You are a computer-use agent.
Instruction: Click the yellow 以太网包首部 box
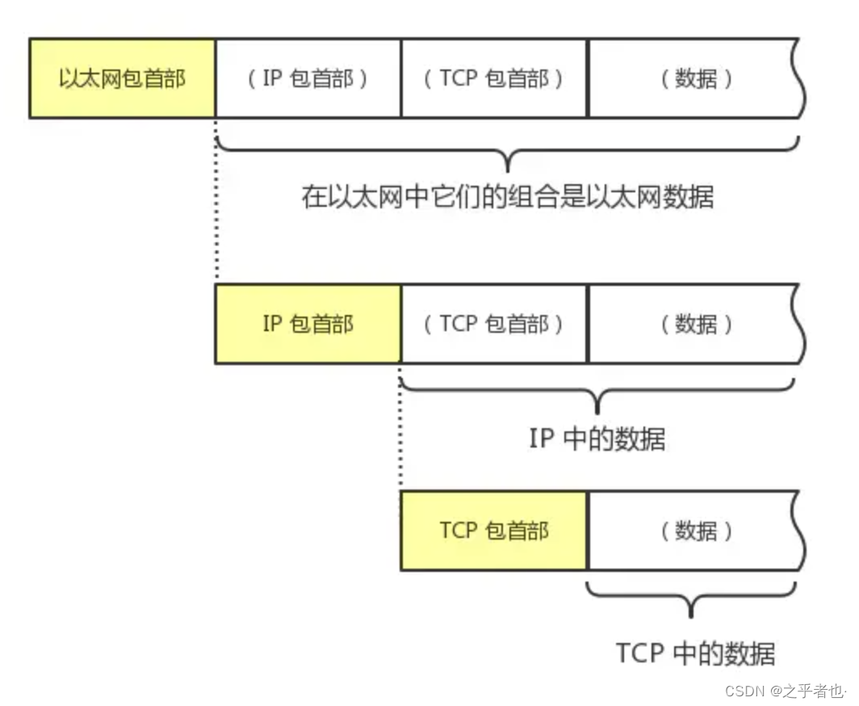point(122,78)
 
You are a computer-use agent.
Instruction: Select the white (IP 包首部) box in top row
point(308,78)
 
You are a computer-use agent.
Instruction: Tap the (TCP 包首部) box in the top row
point(494,78)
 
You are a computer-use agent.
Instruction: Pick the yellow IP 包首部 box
point(308,324)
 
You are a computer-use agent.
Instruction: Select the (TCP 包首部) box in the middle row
point(494,324)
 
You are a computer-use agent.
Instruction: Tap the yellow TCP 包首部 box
point(494,531)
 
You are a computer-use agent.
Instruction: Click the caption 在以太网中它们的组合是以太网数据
point(508,197)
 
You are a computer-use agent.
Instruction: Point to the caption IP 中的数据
point(597,439)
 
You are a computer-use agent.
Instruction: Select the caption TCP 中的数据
point(695,653)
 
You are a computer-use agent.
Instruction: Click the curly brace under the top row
point(508,153)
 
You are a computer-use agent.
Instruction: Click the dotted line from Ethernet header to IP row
point(216,202)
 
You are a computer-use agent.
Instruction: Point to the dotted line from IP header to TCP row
point(401,428)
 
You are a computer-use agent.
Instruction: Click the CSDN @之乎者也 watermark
point(784,691)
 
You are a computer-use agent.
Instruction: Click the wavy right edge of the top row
point(801,78)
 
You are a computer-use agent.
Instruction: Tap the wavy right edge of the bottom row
point(801,531)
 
